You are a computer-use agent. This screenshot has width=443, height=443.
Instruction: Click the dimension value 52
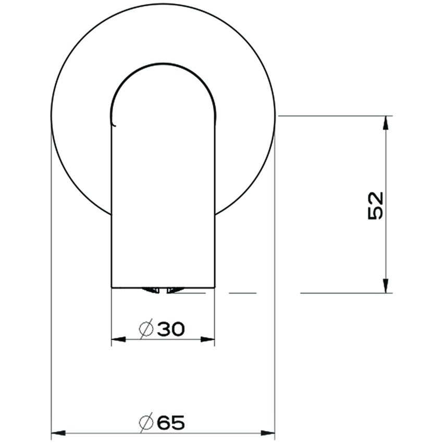pyautogui.click(x=375, y=205)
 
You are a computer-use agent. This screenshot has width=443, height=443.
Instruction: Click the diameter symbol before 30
pyautogui.click(x=146, y=329)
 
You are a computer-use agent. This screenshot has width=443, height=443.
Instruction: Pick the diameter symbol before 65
pyautogui.click(x=146, y=423)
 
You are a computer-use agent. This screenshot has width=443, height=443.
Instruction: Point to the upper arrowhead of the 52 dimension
pyautogui.click(x=385, y=122)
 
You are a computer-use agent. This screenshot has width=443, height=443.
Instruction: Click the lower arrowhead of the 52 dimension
pyautogui.click(x=385, y=286)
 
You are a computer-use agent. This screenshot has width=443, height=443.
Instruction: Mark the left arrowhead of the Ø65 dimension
pyautogui.click(x=57, y=433)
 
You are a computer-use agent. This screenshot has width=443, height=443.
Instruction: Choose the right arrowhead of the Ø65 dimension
pyautogui.click(x=268, y=433)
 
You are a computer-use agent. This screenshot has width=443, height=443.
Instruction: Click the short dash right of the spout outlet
pyautogui.click(x=242, y=293)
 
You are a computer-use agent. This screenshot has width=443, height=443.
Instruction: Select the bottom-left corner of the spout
pyautogui.click(x=112, y=287)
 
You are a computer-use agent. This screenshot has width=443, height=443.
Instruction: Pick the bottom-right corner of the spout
pyautogui.click(x=215, y=287)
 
